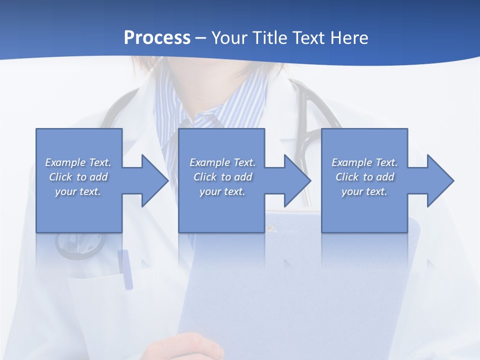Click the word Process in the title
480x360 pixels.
tap(157, 38)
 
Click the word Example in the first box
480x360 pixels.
tap(65, 162)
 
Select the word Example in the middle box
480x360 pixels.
tap(209, 162)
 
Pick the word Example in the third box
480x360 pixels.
tap(351, 162)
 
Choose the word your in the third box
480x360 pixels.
tap(352, 191)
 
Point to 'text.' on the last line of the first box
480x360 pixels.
tap(90, 191)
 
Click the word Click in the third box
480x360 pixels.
tap(347, 177)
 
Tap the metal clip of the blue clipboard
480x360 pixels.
tap(271, 228)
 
